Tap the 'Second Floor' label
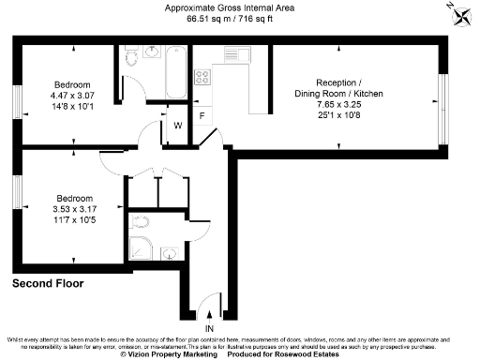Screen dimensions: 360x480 point(48,282)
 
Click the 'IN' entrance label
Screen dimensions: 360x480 point(210,329)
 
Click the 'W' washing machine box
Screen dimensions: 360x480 point(177,125)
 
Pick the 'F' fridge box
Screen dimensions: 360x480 point(202,115)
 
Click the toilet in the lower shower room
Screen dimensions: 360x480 point(140,222)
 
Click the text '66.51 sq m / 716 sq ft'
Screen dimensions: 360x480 point(231,18)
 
